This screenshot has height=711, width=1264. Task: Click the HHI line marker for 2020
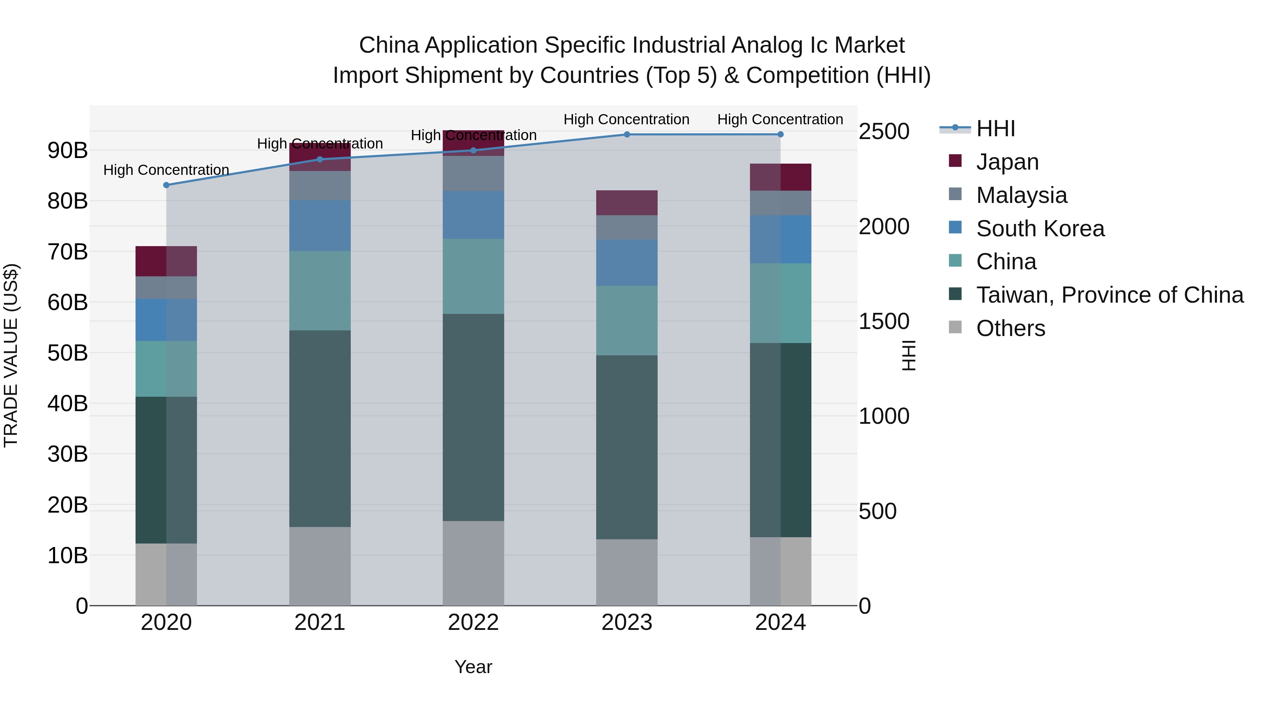click(166, 185)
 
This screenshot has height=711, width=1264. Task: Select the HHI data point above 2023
click(627, 134)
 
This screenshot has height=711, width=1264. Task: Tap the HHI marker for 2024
click(780, 134)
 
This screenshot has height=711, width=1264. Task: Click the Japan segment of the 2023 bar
click(627, 203)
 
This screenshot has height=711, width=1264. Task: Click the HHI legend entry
click(995, 129)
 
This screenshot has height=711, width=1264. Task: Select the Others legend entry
click(1010, 328)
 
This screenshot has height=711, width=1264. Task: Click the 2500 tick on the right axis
click(884, 132)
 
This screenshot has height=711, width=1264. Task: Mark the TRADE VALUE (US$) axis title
click(11, 355)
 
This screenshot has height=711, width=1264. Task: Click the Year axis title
click(473, 667)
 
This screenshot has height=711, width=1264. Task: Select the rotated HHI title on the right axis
click(908, 355)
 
